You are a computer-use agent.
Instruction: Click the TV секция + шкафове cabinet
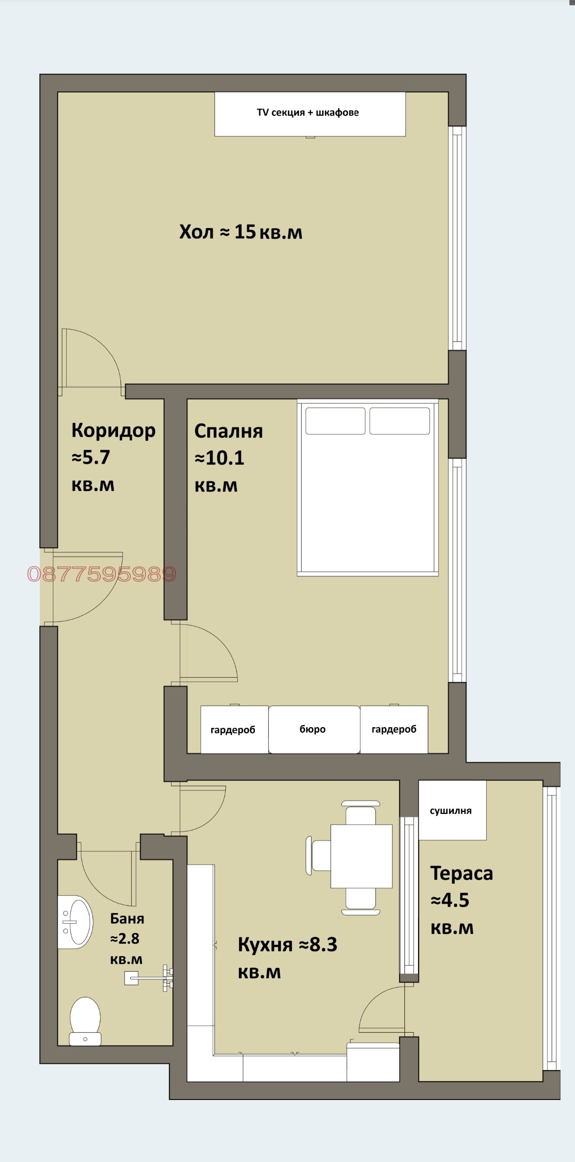point(310,114)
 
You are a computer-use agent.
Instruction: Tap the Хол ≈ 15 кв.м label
point(241,232)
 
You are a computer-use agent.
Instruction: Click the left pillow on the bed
point(335,421)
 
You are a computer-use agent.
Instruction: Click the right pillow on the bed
point(400,421)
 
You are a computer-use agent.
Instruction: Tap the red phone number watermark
point(102,574)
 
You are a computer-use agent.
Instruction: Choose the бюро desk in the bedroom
point(314,729)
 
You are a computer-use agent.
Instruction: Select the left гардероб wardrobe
point(234,729)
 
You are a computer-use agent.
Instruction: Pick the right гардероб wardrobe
point(394,729)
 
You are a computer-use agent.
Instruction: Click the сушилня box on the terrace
point(452,810)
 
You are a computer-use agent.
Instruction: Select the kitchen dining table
point(361,856)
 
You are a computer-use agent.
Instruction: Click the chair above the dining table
point(361,813)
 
